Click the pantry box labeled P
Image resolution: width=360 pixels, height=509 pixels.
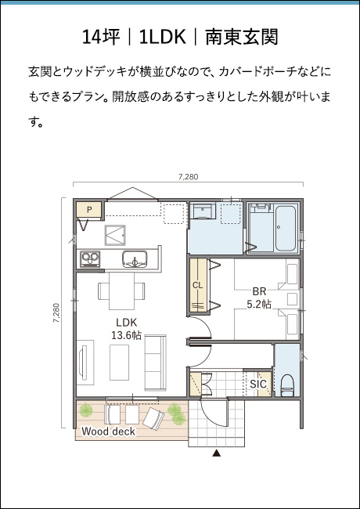[89, 210]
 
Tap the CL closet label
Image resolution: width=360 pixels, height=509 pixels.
[197, 285]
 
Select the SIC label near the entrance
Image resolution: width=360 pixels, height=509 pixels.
[258, 384]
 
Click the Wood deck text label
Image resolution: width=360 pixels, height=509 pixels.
[108, 431]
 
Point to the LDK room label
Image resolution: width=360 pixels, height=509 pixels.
[127, 323]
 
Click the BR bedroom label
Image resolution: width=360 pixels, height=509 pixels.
[259, 291]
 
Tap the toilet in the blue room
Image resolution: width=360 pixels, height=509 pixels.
[287, 385]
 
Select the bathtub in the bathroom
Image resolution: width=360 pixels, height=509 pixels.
[286, 228]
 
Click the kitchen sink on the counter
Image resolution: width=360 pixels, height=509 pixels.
[135, 259]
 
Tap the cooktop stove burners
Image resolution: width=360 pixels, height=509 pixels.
[90, 258]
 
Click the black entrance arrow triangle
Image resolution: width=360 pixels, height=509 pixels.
[216, 453]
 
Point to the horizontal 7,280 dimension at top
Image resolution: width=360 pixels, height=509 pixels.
[188, 177]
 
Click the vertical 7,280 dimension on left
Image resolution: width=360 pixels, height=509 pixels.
[56, 312]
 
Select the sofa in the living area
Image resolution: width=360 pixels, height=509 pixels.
[156, 363]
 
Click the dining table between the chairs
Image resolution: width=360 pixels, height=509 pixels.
[121, 291]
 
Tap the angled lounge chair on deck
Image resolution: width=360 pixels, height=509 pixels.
[153, 419]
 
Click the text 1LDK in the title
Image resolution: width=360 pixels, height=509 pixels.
[163, 37]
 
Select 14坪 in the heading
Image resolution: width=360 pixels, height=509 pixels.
[101, 37]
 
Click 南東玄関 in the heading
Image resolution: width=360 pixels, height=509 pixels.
[242, 37]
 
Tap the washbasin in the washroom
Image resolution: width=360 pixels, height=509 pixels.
[203, 211]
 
